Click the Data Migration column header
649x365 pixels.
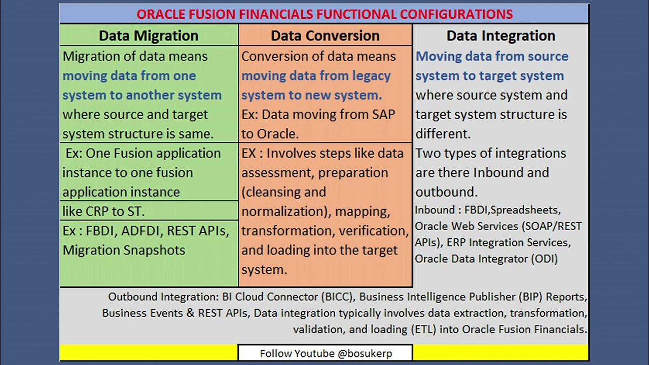(x=149, y=36)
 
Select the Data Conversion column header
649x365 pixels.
(x=325, y=36)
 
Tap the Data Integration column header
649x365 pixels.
(x=500, y=36)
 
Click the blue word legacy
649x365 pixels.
(x=367, y=76)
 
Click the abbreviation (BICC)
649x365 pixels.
(x=338, y=297)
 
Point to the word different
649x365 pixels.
(x=443, y=134)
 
